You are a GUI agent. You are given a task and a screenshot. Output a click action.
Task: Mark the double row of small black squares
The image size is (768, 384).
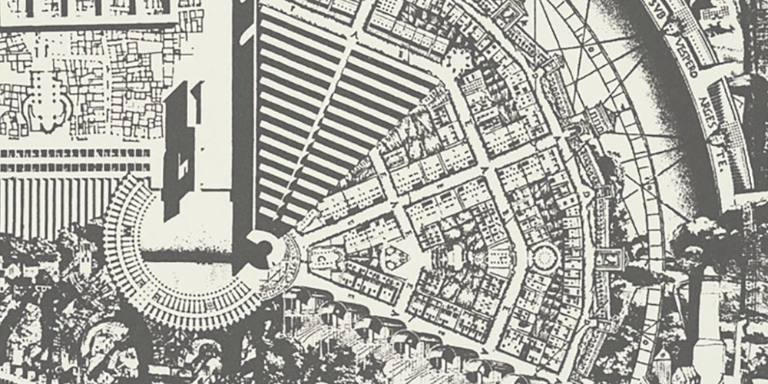click(77, 158)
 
